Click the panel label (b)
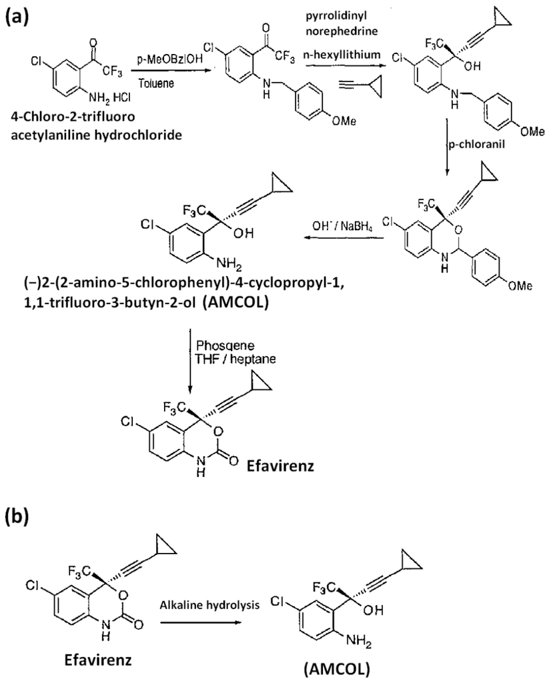(20, 515)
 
